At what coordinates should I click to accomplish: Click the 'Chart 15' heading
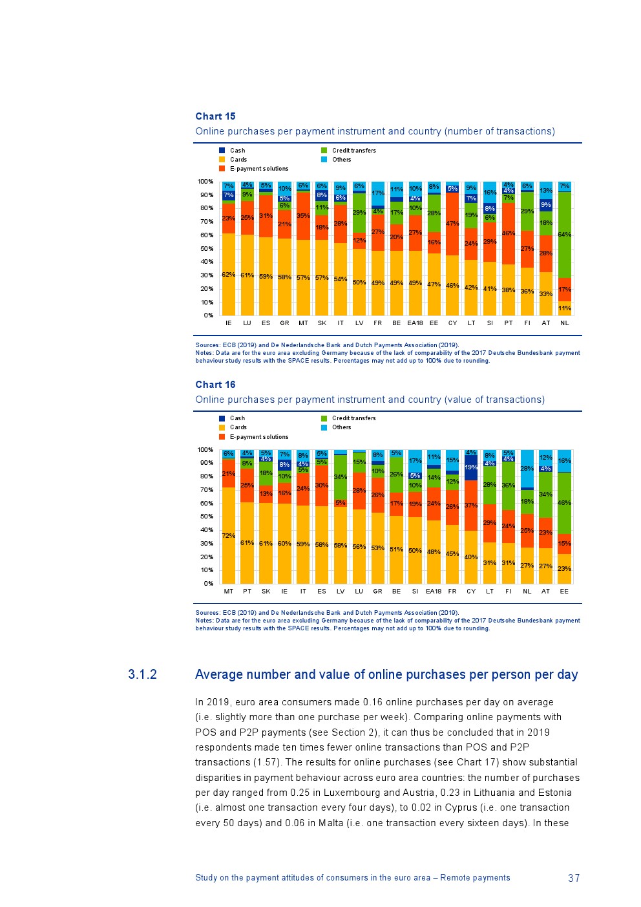pos(215,116)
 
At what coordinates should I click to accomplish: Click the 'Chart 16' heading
pos(215,385)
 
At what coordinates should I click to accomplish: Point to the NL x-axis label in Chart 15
pos(564,323)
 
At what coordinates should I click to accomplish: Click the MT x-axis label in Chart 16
pos(229,592)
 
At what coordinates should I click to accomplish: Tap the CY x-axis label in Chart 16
pos(471,592)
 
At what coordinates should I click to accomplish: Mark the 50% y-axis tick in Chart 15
pos(207,249)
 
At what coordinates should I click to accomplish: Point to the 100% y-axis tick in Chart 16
pos(205,450)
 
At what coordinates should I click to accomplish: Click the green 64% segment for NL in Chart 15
pos(564,235)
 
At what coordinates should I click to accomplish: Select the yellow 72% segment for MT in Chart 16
pos(229,535)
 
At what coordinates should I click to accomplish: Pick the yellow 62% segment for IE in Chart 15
pos(228,275)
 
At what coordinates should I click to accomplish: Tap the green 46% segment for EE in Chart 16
pos(564,503)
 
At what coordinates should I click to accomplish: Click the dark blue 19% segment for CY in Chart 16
pos(471,467)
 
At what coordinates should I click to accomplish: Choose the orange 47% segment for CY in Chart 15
pos(452,224)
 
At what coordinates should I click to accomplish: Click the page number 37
pos(574,878)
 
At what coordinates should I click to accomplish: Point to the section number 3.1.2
pos(142,675)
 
